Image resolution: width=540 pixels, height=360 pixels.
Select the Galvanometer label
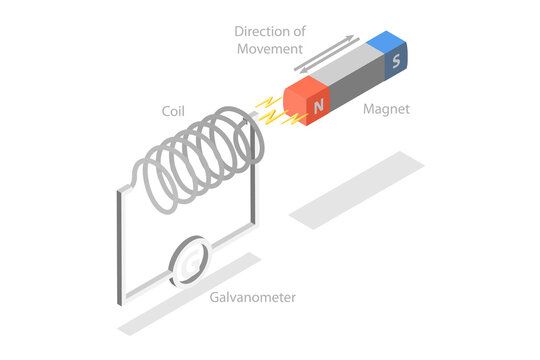click(253, 297)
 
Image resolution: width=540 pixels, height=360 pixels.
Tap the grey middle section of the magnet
click(350, 80)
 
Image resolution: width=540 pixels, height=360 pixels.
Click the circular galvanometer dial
click(191, 261)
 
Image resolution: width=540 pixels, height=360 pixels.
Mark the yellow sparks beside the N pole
click(271, 112)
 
